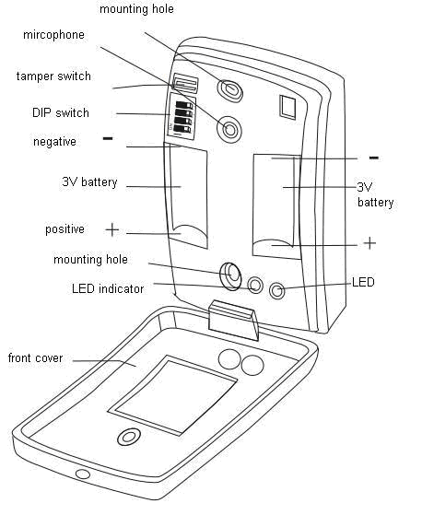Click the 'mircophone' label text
pyautogui.click(x=53, y=35)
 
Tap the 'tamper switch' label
pyautogui.click(x=53, y=76)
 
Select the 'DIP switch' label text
pyautogui.click(x=61, y=113)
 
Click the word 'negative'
pyautogui.click(x=54, y=142)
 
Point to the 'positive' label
pyautogui.click(x=64, y=229)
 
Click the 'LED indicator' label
pyautogui.click(x=108, y=289)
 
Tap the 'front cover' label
pyautogui.click(x=35, y=358)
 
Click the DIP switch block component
pyautogui.click(x=182, y=116)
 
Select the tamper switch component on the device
pyautogui.click(x=185, y=83)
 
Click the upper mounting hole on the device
pyautogui.click(x=230, y=89)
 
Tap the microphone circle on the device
pyautogui.click(x=229, y=129)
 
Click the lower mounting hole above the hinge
pyautogui.click(x=231, y=275)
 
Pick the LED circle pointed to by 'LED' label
pyautogui.click(x=276, y=291)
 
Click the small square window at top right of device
pyautogui.click(x=287, y=107)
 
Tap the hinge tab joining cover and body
pyautogui.click(x=233, y=320)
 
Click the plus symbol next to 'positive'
pyautogui.click(x=112, y=229)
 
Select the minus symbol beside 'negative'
pyautogui.click(x=108, y=138)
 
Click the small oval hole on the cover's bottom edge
pyautogui.click(x=82, y=474)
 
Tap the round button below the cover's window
pyautogui.click(x=129, y=437)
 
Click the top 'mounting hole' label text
pyautogui.click(x=136, y=9)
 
